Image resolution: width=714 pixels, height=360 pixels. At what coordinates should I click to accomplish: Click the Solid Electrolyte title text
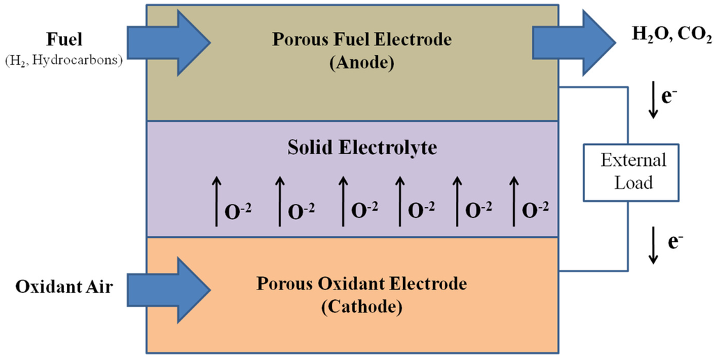[x=353, y=147]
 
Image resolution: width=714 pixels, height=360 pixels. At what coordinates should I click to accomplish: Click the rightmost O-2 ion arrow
[x=515, y=201]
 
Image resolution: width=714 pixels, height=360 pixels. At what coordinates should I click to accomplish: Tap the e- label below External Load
[x=674, y=242]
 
